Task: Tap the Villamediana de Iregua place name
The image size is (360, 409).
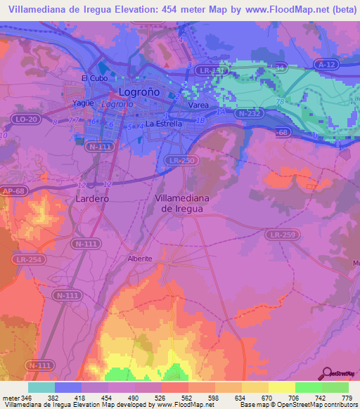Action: click(181, 204)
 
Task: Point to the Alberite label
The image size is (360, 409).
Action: click(139, 259)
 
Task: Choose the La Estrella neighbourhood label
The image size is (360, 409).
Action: click(164, 124)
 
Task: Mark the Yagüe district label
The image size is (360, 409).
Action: click(84, 103)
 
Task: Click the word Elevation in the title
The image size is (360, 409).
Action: click(134, 9)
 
